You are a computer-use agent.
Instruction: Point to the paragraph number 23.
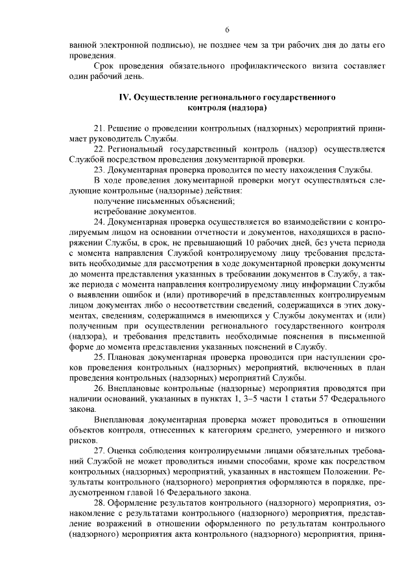[x=99, y=170]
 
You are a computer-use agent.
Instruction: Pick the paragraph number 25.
[x=99, y=357]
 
